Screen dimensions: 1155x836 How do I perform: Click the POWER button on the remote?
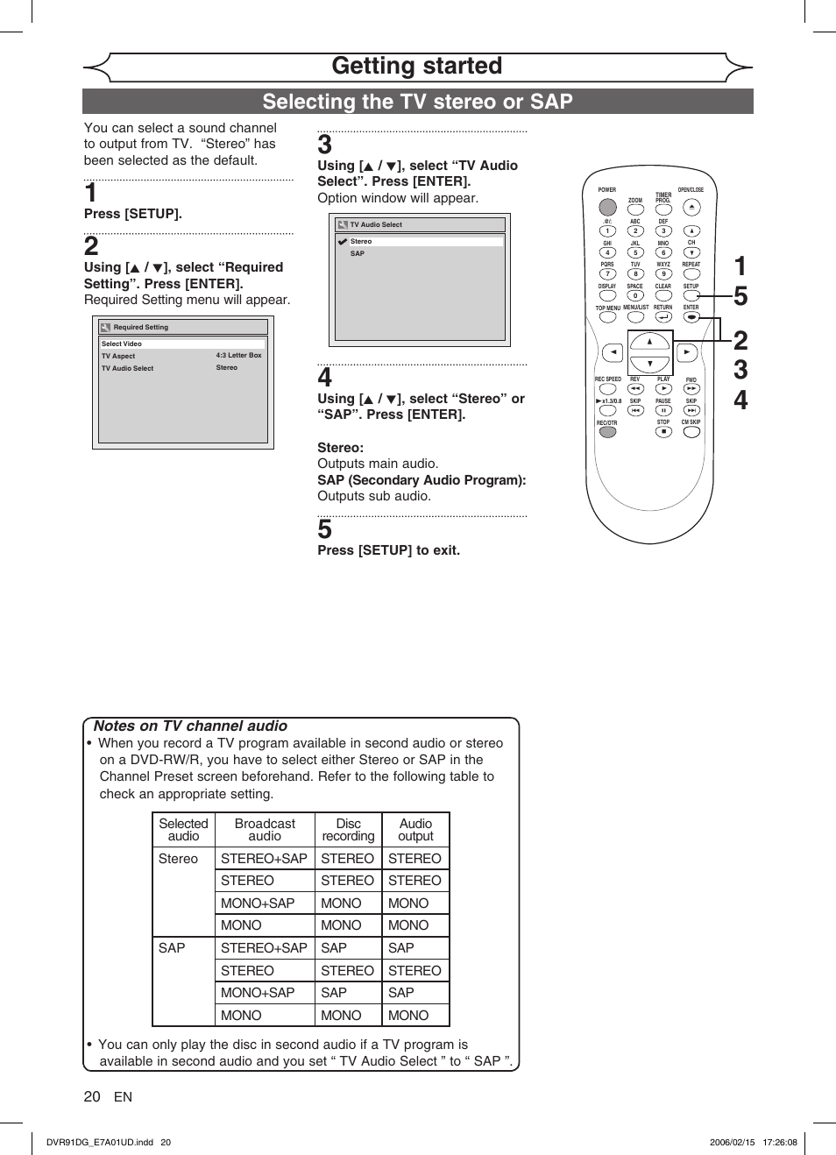click(x=607, y=207)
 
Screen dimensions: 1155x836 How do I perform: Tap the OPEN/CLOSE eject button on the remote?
click(x=691, y=207)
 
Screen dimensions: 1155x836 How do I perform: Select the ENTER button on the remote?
click(x=691, y=317)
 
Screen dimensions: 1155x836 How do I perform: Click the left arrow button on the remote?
click(x=613, y=352)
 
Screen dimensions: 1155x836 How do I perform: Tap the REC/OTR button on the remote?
click(x=607, y=432)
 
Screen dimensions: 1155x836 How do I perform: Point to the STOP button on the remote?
click(x=663, y=432)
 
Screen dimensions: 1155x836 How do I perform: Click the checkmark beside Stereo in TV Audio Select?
click(x=343, y=241)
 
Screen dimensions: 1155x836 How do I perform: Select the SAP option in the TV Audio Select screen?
click(x=358, y=254)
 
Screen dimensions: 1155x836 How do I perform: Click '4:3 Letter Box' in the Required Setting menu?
click(x=238, y=356)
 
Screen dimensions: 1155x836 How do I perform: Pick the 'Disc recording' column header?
click(x=348, y=830)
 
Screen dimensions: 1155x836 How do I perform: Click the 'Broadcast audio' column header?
click(x=265, y=830)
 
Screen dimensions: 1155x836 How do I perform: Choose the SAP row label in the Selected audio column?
click(x=172, y=948)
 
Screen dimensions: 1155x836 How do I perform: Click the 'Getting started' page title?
click(x=417, y=67)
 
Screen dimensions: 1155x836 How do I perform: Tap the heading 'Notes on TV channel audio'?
click(x=190, y=726)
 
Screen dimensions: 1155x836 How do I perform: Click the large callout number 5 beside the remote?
click(x=740, y=296)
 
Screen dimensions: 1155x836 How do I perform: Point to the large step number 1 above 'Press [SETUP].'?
click(x=91, y=193)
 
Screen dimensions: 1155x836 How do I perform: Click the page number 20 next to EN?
click(x=92, y=1096)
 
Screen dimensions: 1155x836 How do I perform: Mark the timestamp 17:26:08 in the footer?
click(x=780, y=1142)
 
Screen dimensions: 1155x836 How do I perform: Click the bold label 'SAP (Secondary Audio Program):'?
click(x=422, y=480)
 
